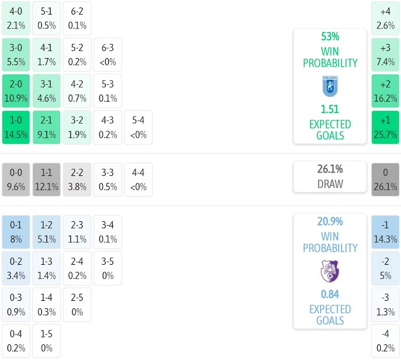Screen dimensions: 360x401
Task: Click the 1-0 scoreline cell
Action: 16,128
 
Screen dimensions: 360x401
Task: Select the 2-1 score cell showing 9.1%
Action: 46,128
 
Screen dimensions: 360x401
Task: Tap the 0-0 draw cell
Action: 16,179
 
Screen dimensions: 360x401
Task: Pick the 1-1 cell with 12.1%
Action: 46,179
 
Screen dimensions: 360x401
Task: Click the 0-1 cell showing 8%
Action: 16,232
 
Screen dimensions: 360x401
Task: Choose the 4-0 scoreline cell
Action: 16,18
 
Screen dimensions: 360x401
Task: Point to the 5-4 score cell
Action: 138,128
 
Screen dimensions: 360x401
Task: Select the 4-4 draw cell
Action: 138,179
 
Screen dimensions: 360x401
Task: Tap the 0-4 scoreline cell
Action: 16,341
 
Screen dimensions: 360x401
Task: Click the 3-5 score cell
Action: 108,268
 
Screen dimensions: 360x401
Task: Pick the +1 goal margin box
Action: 385,128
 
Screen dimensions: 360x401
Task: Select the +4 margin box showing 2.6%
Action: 385,18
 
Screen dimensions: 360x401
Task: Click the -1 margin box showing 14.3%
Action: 385,232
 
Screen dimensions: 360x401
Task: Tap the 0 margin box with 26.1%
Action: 385,179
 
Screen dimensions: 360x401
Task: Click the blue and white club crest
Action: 330,86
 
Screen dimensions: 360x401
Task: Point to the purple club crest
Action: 330,271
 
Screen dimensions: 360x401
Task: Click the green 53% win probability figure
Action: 330,37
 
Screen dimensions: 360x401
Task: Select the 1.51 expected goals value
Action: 330,110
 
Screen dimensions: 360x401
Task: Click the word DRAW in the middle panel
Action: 330,184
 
